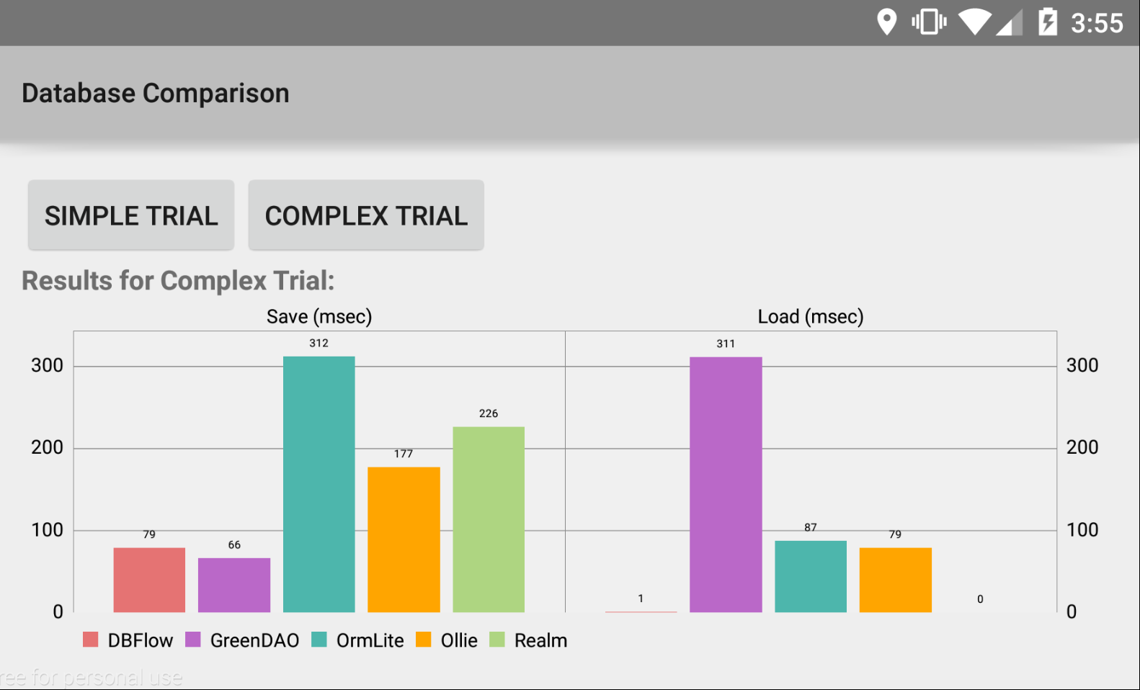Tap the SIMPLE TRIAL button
point(131,215)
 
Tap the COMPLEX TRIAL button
point(366,215)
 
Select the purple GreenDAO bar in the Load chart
point(726,484)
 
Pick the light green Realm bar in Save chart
point(489,519)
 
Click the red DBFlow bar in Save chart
point(149,580)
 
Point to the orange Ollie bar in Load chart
point(895,580)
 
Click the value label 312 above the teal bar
point(319,344)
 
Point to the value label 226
point(489,413)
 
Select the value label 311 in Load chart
point(726,344)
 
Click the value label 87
point(811,527)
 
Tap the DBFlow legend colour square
point(91,640)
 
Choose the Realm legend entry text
point(540,640)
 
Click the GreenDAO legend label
point(254,640)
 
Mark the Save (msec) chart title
point(319,317)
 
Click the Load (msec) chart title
point(811,317)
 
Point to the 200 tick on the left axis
point(47,447)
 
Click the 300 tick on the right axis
point(1082,365)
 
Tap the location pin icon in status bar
point(886,22)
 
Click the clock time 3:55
point(1097,23)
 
